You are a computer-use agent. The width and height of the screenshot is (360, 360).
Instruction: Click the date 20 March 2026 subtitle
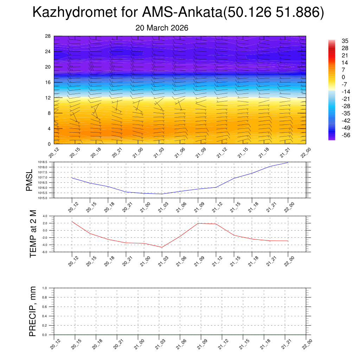[x=162, y=28]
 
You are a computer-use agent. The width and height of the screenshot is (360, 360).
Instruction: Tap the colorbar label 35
[x=345, y=41]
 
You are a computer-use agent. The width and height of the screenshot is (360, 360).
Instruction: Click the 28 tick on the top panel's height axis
[x=48, y=36]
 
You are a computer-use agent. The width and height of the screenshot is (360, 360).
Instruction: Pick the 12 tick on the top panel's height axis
[x=48, y=98]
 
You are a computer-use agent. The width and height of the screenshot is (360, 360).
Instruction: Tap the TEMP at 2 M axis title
[x=33, y=234]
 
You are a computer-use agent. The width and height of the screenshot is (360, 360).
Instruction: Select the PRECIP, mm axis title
[x=33, y=311]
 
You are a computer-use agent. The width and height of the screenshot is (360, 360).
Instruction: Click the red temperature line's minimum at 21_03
[x=162, y=247]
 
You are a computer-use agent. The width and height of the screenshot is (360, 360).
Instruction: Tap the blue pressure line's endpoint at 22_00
[x=288, y=162]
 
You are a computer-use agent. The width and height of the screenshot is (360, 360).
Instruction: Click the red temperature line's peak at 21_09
[x=198, y=223]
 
